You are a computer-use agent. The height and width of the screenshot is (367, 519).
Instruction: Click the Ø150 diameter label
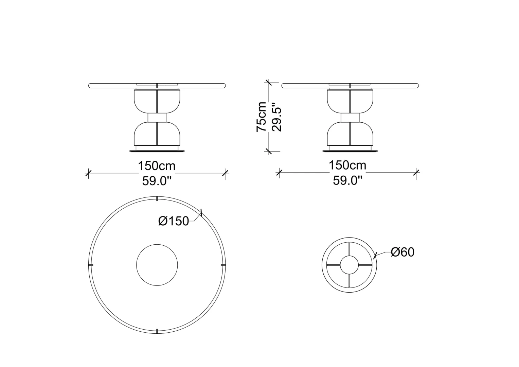coord(174,221)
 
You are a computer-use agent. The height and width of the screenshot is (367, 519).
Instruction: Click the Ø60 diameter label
coord(402,252)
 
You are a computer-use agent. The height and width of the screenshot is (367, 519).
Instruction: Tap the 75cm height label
coord(261,117)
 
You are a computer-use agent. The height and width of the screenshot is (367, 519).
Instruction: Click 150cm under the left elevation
coord(157,166)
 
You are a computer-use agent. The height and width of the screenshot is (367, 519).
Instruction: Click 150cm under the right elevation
coord(347,165)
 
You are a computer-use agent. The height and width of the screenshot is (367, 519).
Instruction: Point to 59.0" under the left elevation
coord(157,181)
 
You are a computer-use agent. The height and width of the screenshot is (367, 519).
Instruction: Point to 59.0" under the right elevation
coord(347,180)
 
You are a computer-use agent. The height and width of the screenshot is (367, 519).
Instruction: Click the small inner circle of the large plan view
coord(157,244)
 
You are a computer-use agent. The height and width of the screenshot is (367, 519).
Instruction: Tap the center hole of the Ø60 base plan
coord(349,256)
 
